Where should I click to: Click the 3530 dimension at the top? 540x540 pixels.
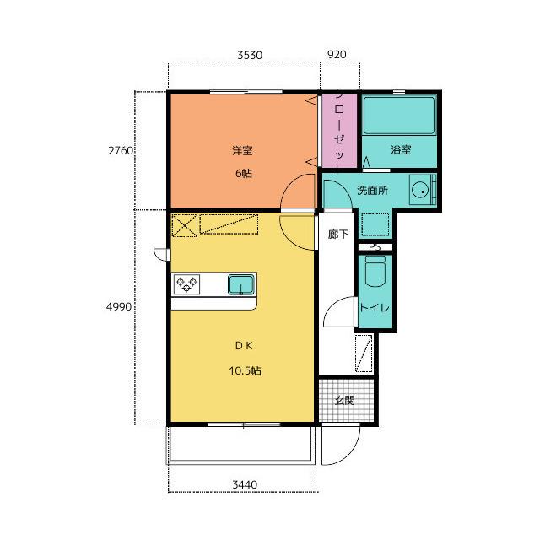250,55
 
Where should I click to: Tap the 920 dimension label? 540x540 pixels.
337,54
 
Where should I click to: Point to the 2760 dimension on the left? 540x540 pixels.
121,150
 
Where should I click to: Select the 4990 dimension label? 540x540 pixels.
119,306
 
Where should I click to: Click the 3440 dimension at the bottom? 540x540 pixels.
245,485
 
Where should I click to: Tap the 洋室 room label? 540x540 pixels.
242,150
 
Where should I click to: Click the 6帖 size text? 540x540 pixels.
244,173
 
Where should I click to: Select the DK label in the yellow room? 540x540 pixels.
244,346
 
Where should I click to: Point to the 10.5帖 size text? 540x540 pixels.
245,371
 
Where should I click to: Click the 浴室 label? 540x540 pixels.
401,150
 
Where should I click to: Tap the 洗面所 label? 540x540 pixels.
373,190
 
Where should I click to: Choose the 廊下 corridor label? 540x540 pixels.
338,235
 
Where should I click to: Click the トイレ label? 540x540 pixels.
375,307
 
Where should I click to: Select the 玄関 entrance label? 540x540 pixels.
345,400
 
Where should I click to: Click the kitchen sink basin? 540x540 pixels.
241,285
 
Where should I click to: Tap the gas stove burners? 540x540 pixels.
186,284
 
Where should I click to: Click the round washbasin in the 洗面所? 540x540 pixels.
420,191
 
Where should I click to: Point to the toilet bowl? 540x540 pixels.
375,272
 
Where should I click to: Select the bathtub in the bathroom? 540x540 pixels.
399,116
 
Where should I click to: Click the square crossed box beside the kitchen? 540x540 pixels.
185,225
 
